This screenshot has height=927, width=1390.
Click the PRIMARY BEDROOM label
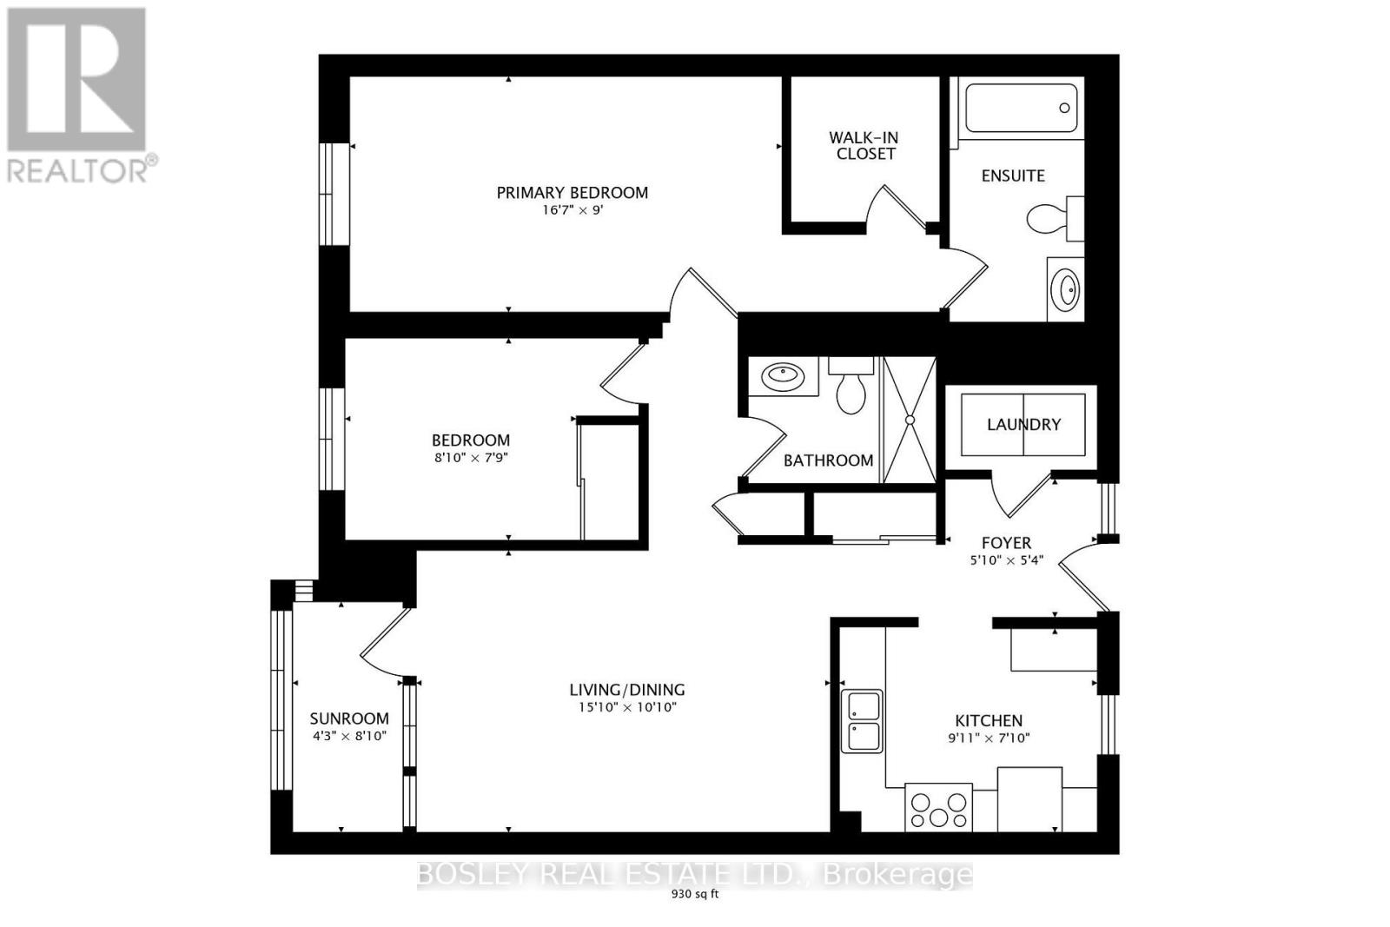coord(572,193)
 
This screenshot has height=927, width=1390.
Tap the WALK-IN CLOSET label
coord(864,145)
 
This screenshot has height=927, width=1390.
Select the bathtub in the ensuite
coord(1021,108)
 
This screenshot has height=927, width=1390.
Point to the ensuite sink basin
coord(1065,288)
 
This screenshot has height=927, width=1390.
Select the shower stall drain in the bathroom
coord(910,420)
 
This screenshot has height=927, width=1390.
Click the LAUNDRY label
coord(1023,424)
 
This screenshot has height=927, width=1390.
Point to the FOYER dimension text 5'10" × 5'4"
coord(1006,561)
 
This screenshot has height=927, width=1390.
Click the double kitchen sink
coord(864,720)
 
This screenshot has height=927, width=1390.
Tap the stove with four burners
coord(938,808)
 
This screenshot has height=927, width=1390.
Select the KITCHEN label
coord(989,720)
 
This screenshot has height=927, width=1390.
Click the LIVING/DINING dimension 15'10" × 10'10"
coord(626,707)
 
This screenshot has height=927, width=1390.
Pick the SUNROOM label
coord(349,718)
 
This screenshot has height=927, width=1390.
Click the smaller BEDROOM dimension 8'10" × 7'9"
coord(471,457)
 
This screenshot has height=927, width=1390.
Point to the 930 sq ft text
coord(695,894)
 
